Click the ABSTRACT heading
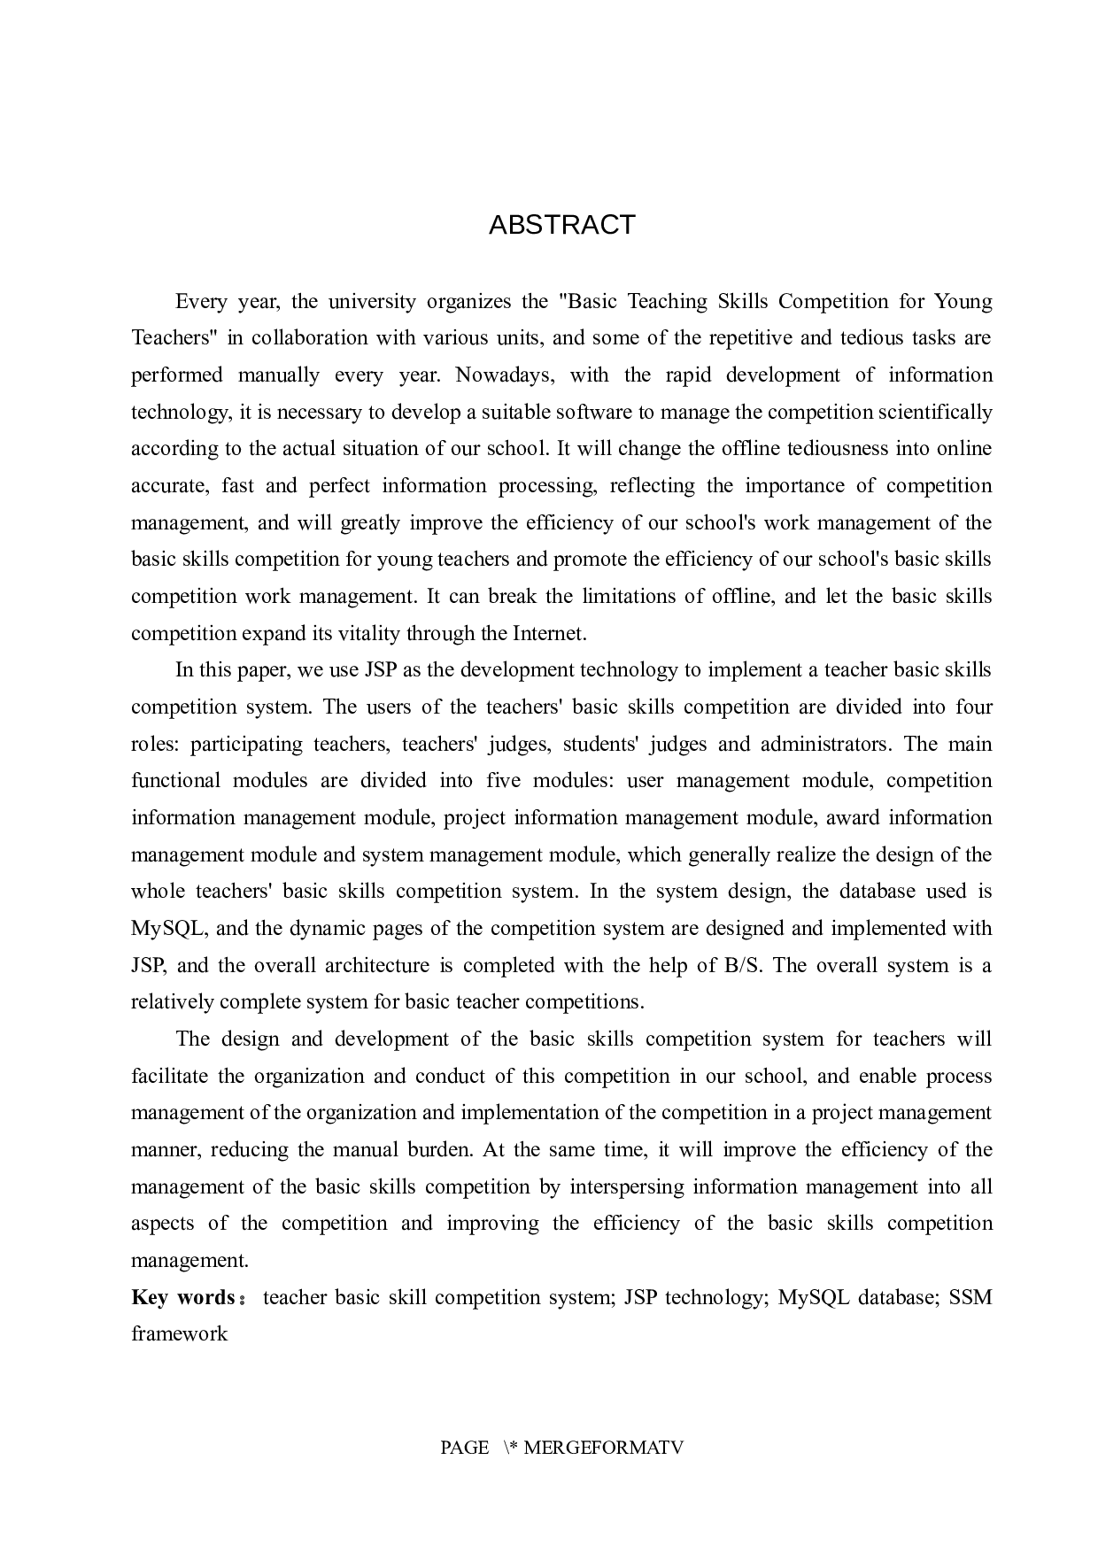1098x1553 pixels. [x=561, y=225]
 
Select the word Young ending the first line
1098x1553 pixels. [x=963, y=301]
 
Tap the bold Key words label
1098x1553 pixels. [x=183, y=1297]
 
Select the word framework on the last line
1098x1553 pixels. [x=179, y=1333]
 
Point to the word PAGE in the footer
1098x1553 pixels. [x=464, y=1448]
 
